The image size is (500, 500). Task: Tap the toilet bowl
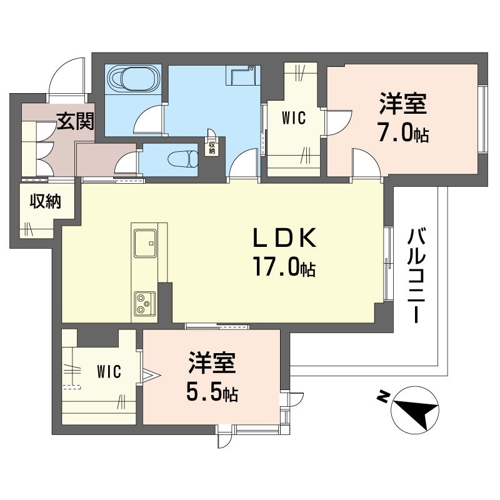(x=183, y=159)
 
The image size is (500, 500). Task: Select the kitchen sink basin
(x=145, y=243)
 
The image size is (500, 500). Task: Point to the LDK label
(x=285, y=238)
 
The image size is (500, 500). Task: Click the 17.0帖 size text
(x=284, y=267)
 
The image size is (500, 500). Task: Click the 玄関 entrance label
(x=76, y=121)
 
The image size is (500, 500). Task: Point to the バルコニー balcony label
(x=416, y=276)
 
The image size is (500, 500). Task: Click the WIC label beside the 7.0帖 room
(x=294, y=117)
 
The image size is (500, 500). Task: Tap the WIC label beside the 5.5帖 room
(x=109, y=371)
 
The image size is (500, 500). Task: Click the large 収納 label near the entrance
(x=45, y=201)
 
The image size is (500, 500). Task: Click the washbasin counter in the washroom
(x=243, y=75)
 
